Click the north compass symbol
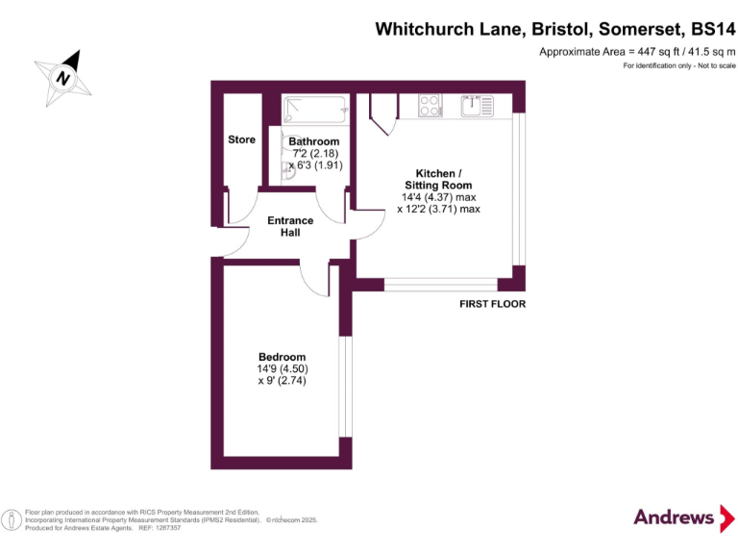pos(64,77)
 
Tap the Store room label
pos(241,140)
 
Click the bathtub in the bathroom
pos(313,110)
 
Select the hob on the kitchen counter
pos(430,105)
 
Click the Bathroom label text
pos(314,141)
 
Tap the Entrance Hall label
pos(289,227)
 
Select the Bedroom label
pos(282,357)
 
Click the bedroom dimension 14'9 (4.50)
pos(282,369)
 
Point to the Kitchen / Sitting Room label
pos(437,180)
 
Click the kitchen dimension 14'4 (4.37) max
pos(437,197)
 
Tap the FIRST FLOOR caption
pos(492,304)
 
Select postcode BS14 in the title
pos(705,30)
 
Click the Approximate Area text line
pos(637,51)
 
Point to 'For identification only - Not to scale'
pos(678,65)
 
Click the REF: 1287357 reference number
pos(160,527)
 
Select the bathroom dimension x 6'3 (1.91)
pos(315,164)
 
